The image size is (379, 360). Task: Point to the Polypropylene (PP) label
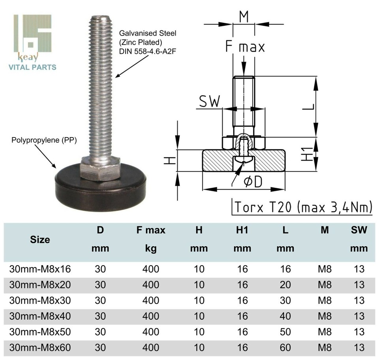coord(44,140)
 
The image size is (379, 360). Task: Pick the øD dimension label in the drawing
coord(253,182)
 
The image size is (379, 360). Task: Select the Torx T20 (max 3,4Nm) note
coord(303,207)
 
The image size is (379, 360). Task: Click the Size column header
coord(40,239)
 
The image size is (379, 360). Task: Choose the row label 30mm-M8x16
coord(40,269)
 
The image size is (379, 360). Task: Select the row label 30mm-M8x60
coord(40,347)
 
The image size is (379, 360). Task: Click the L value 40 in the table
coord(285,316)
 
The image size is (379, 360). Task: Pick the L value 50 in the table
coord(285,332)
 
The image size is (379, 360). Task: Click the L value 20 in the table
coord(285,285)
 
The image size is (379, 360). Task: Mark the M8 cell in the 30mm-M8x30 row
coord(325,300)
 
